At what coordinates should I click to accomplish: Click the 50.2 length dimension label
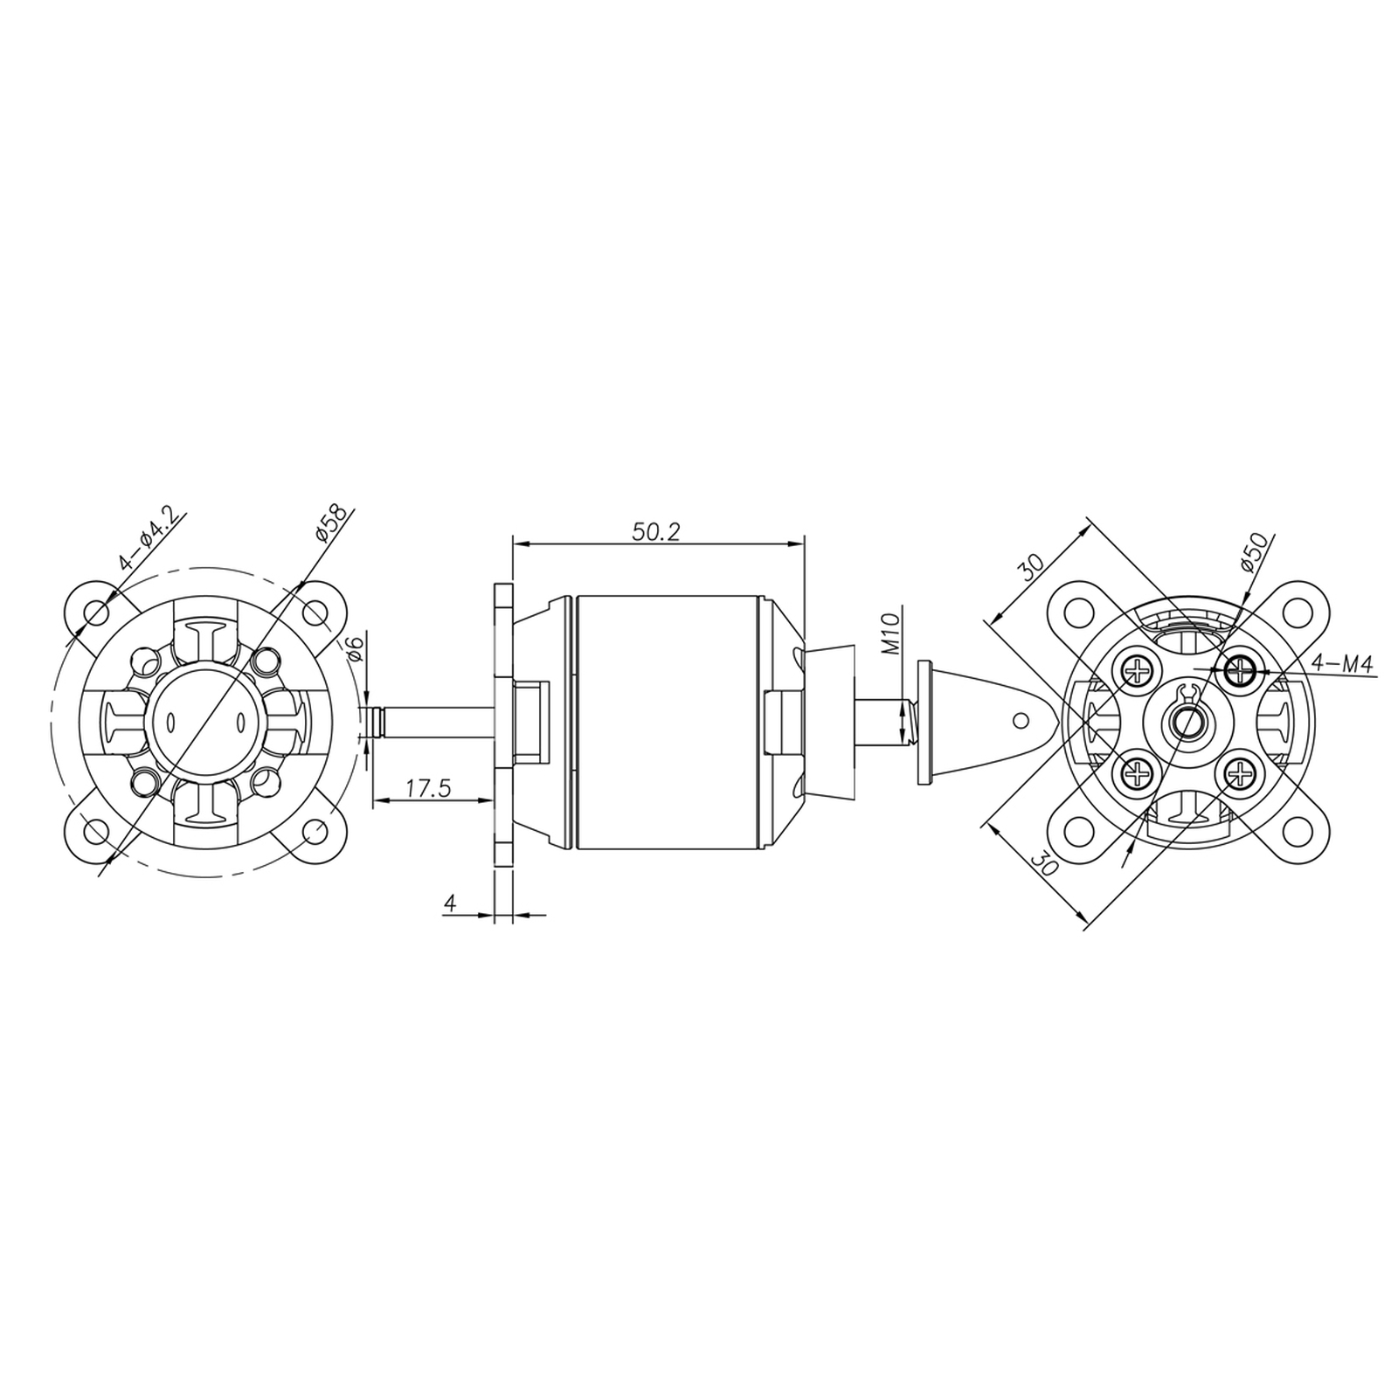(x=655, y=531)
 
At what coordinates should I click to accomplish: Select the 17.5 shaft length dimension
(x=428, y=788)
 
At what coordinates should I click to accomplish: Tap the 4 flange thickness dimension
(x=451, y=903)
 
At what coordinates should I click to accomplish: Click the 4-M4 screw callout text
(x=1342, y=665)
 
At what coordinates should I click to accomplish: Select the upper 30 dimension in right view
(x=1032, y=569)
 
